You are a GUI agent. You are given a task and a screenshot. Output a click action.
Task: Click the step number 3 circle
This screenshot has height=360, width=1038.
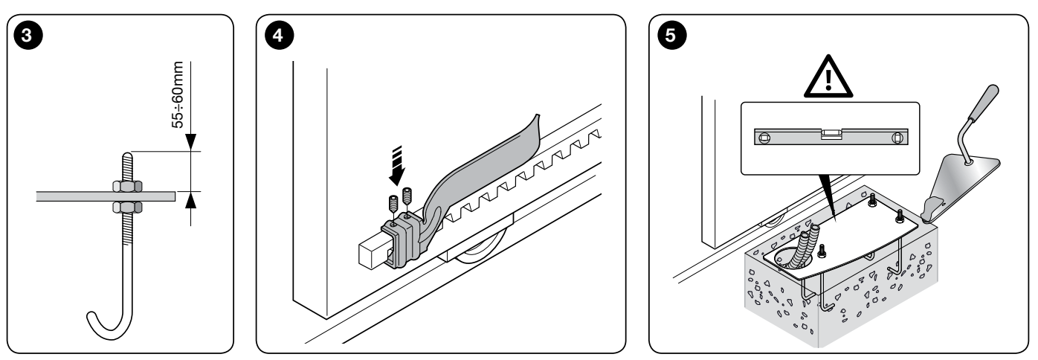(x=28, y=35)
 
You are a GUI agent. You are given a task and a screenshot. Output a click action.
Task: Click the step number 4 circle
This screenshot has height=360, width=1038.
(x=279, y=35)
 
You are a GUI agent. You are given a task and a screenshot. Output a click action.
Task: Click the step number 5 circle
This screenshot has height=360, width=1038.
(x=672, y=35)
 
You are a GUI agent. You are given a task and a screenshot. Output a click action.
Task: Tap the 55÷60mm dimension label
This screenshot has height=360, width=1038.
(x=178, y=94)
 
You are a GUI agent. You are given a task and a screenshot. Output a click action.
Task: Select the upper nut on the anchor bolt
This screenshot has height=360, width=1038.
(x=127, y=186)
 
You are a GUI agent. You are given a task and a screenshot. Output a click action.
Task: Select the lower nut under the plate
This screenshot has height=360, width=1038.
(x=127, y=207)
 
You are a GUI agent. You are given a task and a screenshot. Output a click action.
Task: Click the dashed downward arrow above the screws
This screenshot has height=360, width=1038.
(x=397, y=165)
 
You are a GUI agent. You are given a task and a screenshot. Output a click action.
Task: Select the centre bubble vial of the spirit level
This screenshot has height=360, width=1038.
(x=831, y=135)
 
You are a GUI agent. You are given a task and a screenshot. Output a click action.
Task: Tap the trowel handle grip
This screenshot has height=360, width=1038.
(x=984, y=103)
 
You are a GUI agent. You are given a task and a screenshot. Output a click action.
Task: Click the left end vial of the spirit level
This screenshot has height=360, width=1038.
(x=764, y=138)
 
